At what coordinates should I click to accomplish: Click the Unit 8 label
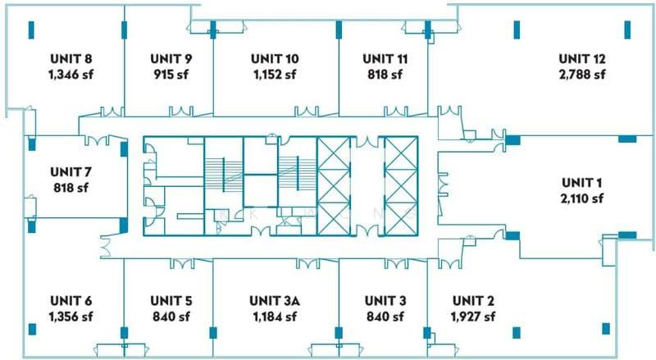click(71, 58)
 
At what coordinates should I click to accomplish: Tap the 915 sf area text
click(171, 75)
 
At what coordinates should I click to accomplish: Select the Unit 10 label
click(275, 58)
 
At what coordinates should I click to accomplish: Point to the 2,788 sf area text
click(582, 75)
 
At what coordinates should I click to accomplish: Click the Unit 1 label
click(582, 183)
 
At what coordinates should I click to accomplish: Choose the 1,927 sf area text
click(473, 317)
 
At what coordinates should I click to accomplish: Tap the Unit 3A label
click(275, 301)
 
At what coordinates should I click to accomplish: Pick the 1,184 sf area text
click(275, 317)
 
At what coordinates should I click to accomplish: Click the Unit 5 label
click(171, 301)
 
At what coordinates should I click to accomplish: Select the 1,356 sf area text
click(71, 317)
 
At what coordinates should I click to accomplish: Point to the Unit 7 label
click(71, 171)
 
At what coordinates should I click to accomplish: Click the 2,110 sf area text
click(582, 198)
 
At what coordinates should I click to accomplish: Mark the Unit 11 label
click(385, 58)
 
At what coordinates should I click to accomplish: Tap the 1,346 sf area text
click(71, 75)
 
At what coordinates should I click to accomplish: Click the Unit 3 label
click(385, 301)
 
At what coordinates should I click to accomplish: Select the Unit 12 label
click(582, 58)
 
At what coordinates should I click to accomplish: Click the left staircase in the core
click(224, 175)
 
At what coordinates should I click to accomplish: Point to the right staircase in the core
click(298, 175)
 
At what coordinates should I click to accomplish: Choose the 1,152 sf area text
click(275, 75)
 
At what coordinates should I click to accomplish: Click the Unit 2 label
click(473, 301)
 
